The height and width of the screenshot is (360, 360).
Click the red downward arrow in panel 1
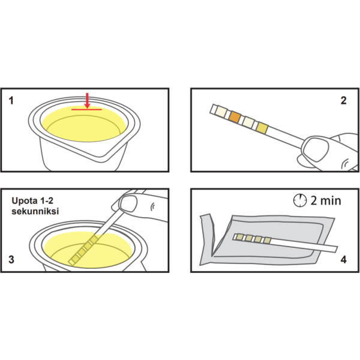(x=87, y=100)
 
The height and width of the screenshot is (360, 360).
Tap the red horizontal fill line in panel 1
(x=86, y=110)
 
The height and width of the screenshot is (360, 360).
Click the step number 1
(x=11, y=101)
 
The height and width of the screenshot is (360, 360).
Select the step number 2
(x=343, y=101)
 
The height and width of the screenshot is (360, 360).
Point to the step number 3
(x=11, y=259)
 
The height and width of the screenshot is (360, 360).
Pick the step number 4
(x=343, y=260)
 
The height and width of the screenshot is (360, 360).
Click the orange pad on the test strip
(x=235, y=117)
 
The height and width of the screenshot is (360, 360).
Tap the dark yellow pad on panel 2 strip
(x=262, y=128)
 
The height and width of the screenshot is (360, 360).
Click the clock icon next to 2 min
(x=300, y=200)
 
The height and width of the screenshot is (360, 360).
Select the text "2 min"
(x=326, y=200)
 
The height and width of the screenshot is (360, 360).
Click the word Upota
(x=25, y=201)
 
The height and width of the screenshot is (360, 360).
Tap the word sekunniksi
(x=35, y=211)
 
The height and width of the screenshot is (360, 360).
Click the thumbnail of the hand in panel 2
(x=315, y=149)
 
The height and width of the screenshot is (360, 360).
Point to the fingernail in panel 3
(x=128, y=204)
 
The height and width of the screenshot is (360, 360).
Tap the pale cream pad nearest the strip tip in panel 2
(x=221, y=112)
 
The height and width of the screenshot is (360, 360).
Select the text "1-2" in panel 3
(x=47, y=201)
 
